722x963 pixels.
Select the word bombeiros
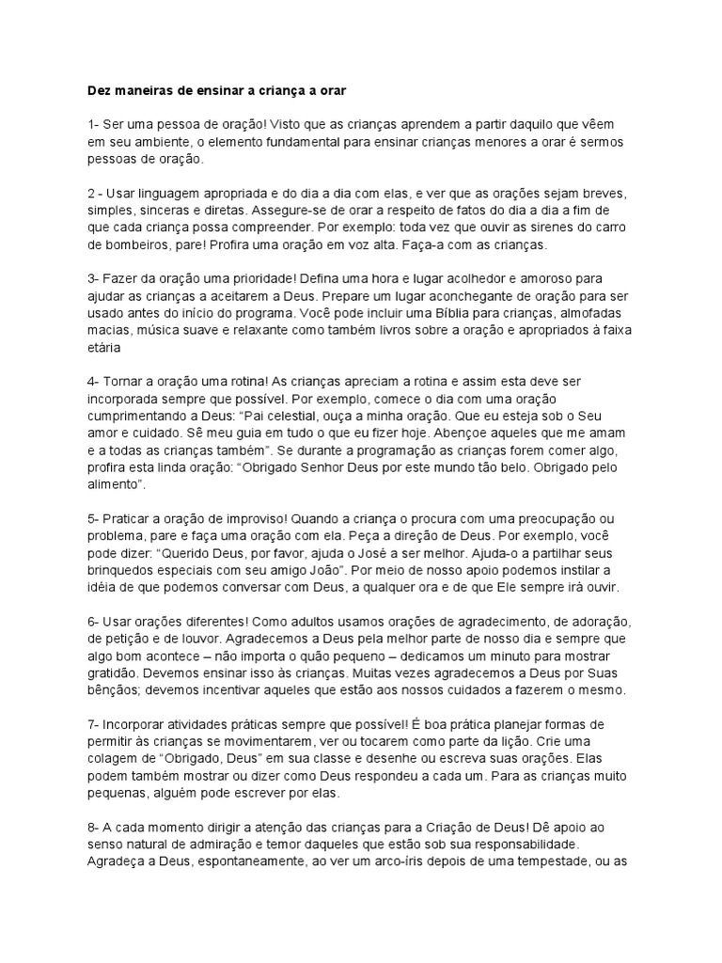tap(117, 244)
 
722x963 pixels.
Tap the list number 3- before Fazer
tap(94, 278)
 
